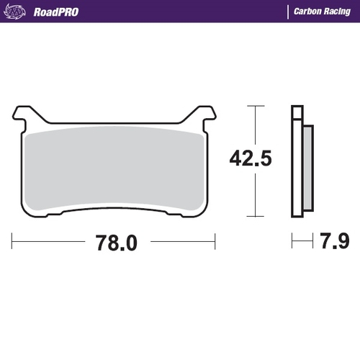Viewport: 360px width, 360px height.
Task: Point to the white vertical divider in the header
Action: coord(287,12)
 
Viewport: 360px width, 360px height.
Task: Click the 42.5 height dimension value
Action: coord(251,158)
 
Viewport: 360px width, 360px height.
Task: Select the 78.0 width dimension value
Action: coord(115,243)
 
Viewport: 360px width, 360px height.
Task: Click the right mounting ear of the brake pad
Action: coord(206,112)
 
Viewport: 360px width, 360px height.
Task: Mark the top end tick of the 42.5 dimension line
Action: coord(251,106)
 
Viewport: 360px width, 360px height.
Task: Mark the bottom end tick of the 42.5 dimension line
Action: coord(251,215)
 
